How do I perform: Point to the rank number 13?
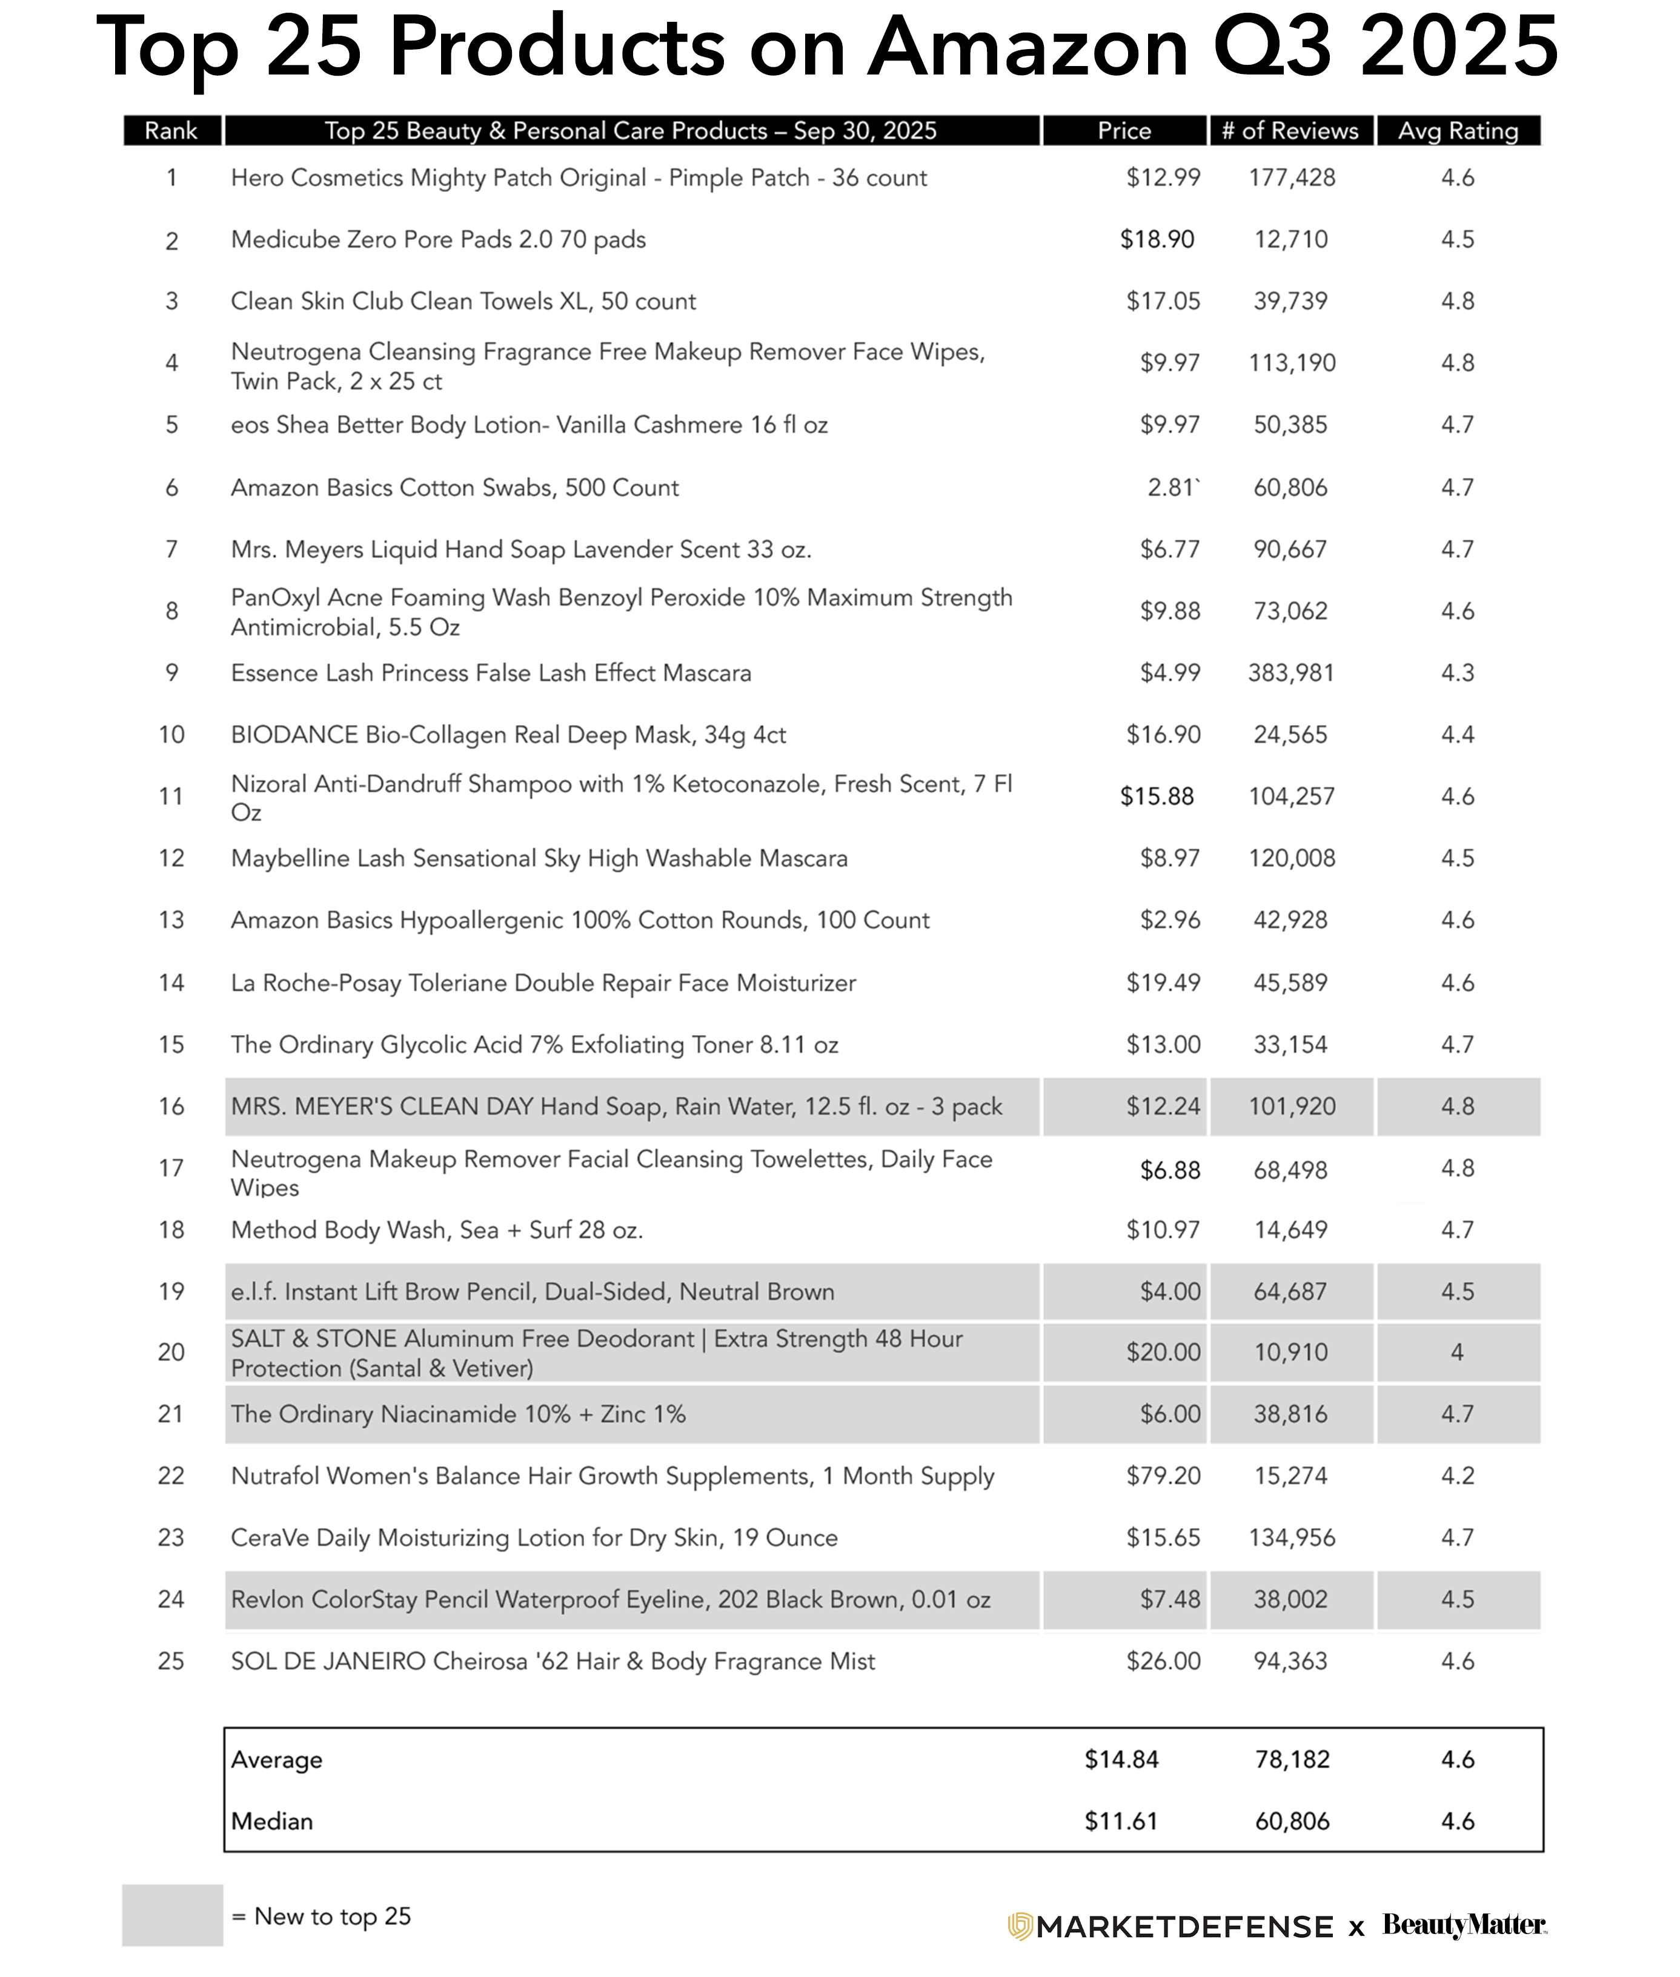point(171,920)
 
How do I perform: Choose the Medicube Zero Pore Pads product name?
point(438,239)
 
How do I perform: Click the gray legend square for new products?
point(173,1915)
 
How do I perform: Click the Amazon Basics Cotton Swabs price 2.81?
point(1172,488)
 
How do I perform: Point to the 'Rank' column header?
point(171,130)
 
